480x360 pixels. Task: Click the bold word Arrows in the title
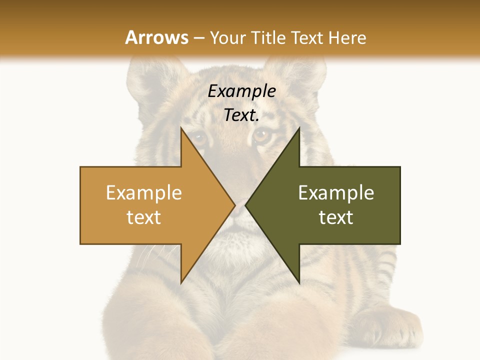(x=157, y=37)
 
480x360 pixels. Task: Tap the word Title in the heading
(x=271, y=37)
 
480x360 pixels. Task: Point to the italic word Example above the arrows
(x=241, y=91)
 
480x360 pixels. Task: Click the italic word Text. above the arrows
(x=241, y=115)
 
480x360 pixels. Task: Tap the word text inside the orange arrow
(x=143, y=217)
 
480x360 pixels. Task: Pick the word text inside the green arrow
(x=336, y=217)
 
